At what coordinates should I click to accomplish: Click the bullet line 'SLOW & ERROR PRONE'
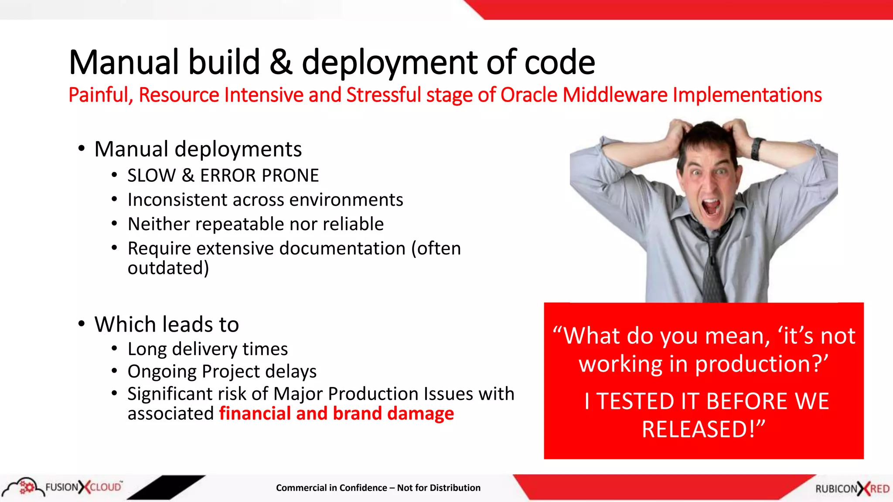(223, 176)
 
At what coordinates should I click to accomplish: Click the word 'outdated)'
(168, 268)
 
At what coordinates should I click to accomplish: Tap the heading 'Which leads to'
(167, 325)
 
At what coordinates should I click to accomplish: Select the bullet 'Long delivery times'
(208, 349)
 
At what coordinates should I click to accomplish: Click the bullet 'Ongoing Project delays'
(222, 372)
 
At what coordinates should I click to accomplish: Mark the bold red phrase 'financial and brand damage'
(336, 414)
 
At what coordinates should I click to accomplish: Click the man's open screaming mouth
(712, 207)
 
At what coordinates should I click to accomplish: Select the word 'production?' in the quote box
(761, 364)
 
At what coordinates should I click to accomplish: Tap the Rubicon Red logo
(852, 488)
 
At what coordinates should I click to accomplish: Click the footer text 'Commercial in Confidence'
(331, 488)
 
